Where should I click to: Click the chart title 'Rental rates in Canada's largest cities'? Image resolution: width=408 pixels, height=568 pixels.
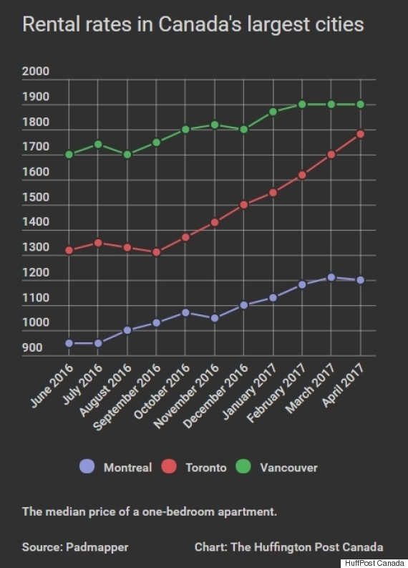(x=193, y=25)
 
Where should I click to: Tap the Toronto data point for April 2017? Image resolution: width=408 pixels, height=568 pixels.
(x=360, y=134)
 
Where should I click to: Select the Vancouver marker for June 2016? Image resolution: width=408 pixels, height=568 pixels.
(x=69, y=154)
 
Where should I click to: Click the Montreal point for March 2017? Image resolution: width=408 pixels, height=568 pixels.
(x=331, y=277)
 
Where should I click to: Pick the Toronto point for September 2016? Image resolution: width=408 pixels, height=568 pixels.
(x=156, y=252)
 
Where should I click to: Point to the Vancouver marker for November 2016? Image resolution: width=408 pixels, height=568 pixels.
(x=214, y=125)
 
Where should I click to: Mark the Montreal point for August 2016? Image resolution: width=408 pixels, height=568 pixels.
(x=127, y=330)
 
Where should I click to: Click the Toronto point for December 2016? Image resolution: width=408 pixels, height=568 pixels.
(x=243, y=204)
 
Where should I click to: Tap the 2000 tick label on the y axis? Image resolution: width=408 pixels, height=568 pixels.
(x=36, y=72)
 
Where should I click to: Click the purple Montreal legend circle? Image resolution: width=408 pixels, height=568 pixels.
(x=87, y=467)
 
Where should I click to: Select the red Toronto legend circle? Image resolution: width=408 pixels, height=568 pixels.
(x=169, y=467)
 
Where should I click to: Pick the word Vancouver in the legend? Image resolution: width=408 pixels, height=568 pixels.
(x=288, y=468)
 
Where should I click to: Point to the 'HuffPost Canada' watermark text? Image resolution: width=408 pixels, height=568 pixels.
(x=375, y=562)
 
